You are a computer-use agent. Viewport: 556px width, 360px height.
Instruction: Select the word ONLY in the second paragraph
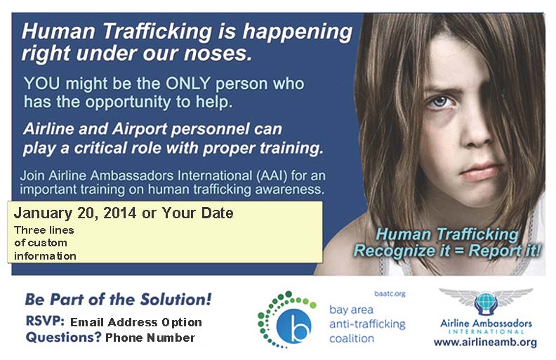[x=215, y=84]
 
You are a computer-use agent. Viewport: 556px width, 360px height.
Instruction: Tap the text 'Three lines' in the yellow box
[x=44, y=230]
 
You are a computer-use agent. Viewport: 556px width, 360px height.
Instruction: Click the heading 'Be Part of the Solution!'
[x=118, y=299]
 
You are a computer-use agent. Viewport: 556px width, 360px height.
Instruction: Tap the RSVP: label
[x=45, y=321]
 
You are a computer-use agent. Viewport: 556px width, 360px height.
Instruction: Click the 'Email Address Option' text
[x=136, y=322]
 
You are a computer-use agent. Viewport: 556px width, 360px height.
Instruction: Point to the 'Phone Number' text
[x=150, y=338]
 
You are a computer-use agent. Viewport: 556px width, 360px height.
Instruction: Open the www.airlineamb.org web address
[x=485, y=342]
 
